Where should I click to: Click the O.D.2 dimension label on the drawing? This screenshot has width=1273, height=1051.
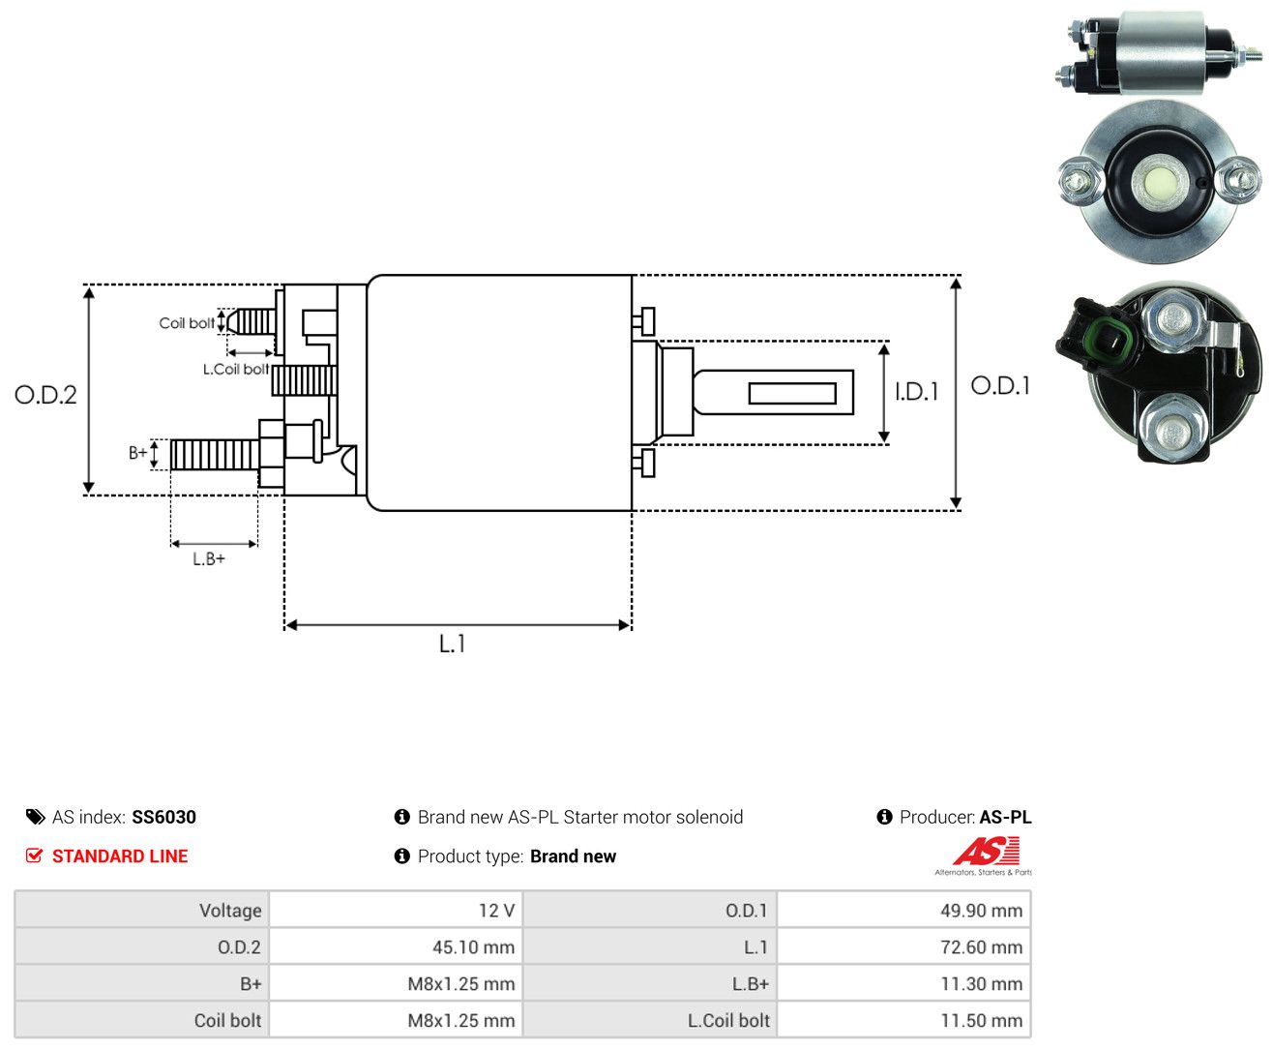pyautogui.click(x=45, y=395)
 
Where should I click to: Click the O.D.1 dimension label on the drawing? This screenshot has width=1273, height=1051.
pyautogui.click(x=1000, y=385)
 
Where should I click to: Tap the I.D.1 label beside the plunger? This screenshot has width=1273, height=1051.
pyautogui.click(x=916, y=392)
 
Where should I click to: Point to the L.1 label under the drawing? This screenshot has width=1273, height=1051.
pyautogui.click(x=453, y=644)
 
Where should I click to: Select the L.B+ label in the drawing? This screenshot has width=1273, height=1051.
pyautogui.click(x=209, y=558)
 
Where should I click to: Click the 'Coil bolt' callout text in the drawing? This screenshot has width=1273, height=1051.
pyautogui.click(x=187, y=322)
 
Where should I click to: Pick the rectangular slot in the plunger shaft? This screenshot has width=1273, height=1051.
pyautogui.click(x=792, y=394)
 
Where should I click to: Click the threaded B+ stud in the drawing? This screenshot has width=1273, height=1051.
pyautogui.click(x=215, y=455)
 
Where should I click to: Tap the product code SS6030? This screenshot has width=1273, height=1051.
pyautogui.click(x=164, y=817)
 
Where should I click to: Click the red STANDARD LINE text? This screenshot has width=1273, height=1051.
pyautogui.click(x=120, y=856)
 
